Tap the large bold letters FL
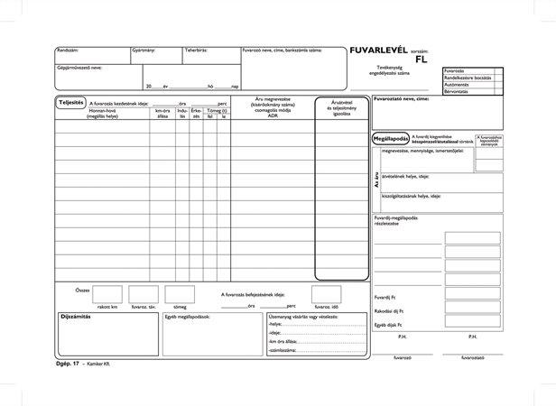(422, 60)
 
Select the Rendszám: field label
(68, 51)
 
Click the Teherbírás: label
(198, 51)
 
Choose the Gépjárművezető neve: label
(79, 68)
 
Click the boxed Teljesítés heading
(70, 103)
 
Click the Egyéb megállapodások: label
(188, 317)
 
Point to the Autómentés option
(458, 85)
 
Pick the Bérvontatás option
(458, 92)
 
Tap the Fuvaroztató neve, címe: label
(403, 98)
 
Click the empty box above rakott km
(107, 294)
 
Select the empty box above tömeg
(179, 294)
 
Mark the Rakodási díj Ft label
(389, 309)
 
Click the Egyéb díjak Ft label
(387, 323)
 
